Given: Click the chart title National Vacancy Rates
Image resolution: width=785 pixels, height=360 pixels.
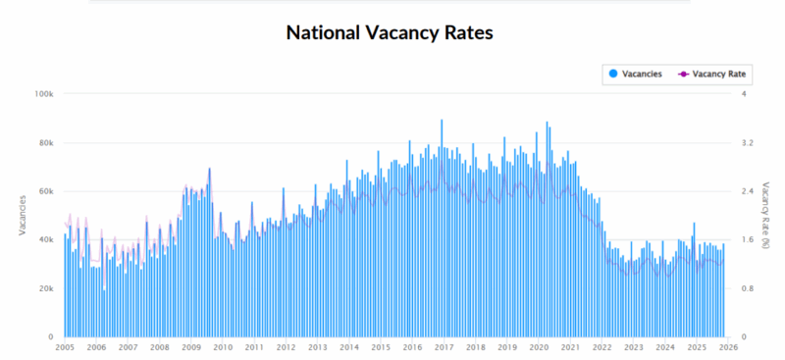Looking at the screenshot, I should coord(389,32).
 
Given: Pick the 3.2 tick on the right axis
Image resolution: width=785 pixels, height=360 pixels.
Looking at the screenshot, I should coord(746,143).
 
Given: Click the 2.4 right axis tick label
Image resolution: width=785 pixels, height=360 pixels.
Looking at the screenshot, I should coord(746,191).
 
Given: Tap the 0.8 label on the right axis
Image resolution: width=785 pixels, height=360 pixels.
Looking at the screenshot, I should coord(746,289).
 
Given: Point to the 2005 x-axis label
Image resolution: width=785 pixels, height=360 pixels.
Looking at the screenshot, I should coord(65,348).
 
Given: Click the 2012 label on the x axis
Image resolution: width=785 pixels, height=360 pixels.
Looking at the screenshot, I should coord(286,348).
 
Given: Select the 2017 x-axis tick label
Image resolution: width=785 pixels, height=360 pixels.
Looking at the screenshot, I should coord(444,348).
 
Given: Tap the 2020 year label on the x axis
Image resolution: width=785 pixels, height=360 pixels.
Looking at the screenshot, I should coord(539,348).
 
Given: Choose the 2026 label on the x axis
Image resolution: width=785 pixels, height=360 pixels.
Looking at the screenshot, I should coord(727,348).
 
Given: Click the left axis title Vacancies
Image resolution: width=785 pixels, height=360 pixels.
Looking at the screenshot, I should coord(23,216).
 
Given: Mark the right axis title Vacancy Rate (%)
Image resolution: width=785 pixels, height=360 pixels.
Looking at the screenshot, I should coord(762,216).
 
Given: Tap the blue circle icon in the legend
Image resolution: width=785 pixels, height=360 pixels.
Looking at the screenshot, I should coord(613,74).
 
